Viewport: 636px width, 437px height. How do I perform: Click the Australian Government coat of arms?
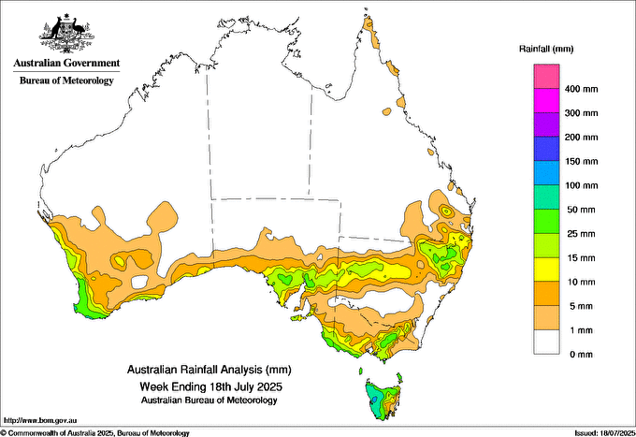coord(67,33)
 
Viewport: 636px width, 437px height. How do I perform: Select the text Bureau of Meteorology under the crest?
coord(66,80)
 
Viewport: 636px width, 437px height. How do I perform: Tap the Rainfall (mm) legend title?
coord(546,49)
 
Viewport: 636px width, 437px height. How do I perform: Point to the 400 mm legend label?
coord(581,89)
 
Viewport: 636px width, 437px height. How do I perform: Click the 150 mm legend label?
coord(581,162)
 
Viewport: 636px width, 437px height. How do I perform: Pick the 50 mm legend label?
coord(581,210)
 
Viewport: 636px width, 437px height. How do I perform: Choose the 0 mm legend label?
coord(581,355)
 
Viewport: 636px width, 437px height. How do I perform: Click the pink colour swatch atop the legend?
coord(546,77)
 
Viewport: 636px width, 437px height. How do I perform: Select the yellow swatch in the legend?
coord(546,269)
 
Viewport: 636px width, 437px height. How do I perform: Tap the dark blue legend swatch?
coord(546,149)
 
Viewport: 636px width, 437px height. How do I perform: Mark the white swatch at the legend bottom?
coord(546,342)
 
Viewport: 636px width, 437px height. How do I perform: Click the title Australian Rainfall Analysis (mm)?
coord(210,370)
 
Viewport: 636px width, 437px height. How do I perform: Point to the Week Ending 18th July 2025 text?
coord(210,386)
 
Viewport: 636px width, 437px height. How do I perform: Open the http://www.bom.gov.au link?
coord(40,420)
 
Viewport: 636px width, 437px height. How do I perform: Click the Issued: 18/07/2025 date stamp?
coord(604,433)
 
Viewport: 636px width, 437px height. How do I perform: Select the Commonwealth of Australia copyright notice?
coord(94,433)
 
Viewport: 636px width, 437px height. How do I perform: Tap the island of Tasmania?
coord(383,400)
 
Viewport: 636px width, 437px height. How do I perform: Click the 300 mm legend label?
coord(581,113)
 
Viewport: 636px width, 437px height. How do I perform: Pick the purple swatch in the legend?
coord(546,124)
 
